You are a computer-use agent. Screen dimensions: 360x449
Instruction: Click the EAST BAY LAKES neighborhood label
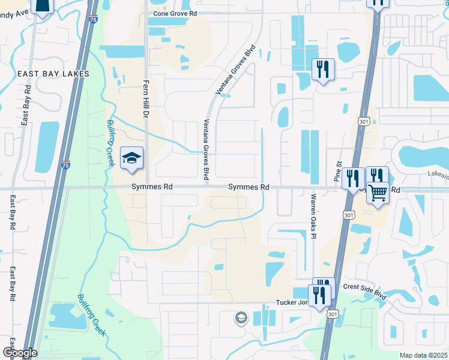click(53, 74)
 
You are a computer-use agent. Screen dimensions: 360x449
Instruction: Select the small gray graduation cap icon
click(241, 317)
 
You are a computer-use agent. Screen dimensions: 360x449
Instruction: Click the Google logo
click(19, 353)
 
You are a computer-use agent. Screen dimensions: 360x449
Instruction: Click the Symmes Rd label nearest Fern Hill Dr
click(152, 187)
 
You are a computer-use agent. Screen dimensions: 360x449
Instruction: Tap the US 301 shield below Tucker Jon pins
click(333, 314)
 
